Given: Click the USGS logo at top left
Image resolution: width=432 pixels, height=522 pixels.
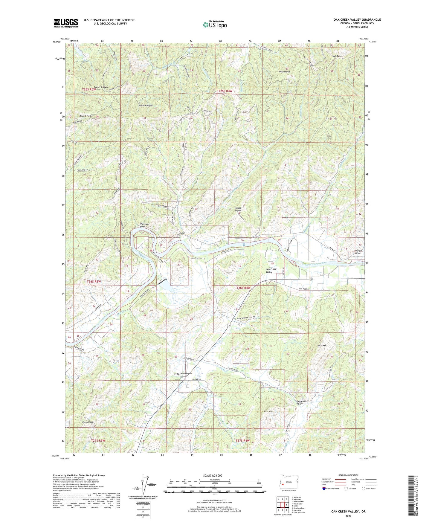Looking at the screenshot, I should pos(66,23).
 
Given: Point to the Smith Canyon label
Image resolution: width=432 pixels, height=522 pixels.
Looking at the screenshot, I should pos(145,106).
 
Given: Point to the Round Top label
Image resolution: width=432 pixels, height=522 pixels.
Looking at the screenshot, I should pos(88,422).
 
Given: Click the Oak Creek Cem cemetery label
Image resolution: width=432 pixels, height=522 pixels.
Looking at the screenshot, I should pos(185,374).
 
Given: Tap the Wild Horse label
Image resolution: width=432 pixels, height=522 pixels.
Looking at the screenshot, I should pos(284,72).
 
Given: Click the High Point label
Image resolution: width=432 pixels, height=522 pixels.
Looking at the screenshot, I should pos(337,56).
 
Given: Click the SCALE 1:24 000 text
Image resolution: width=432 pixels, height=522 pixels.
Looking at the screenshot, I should pos(215,475).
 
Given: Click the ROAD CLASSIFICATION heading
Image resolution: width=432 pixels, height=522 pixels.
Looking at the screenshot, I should pos(348,475).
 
